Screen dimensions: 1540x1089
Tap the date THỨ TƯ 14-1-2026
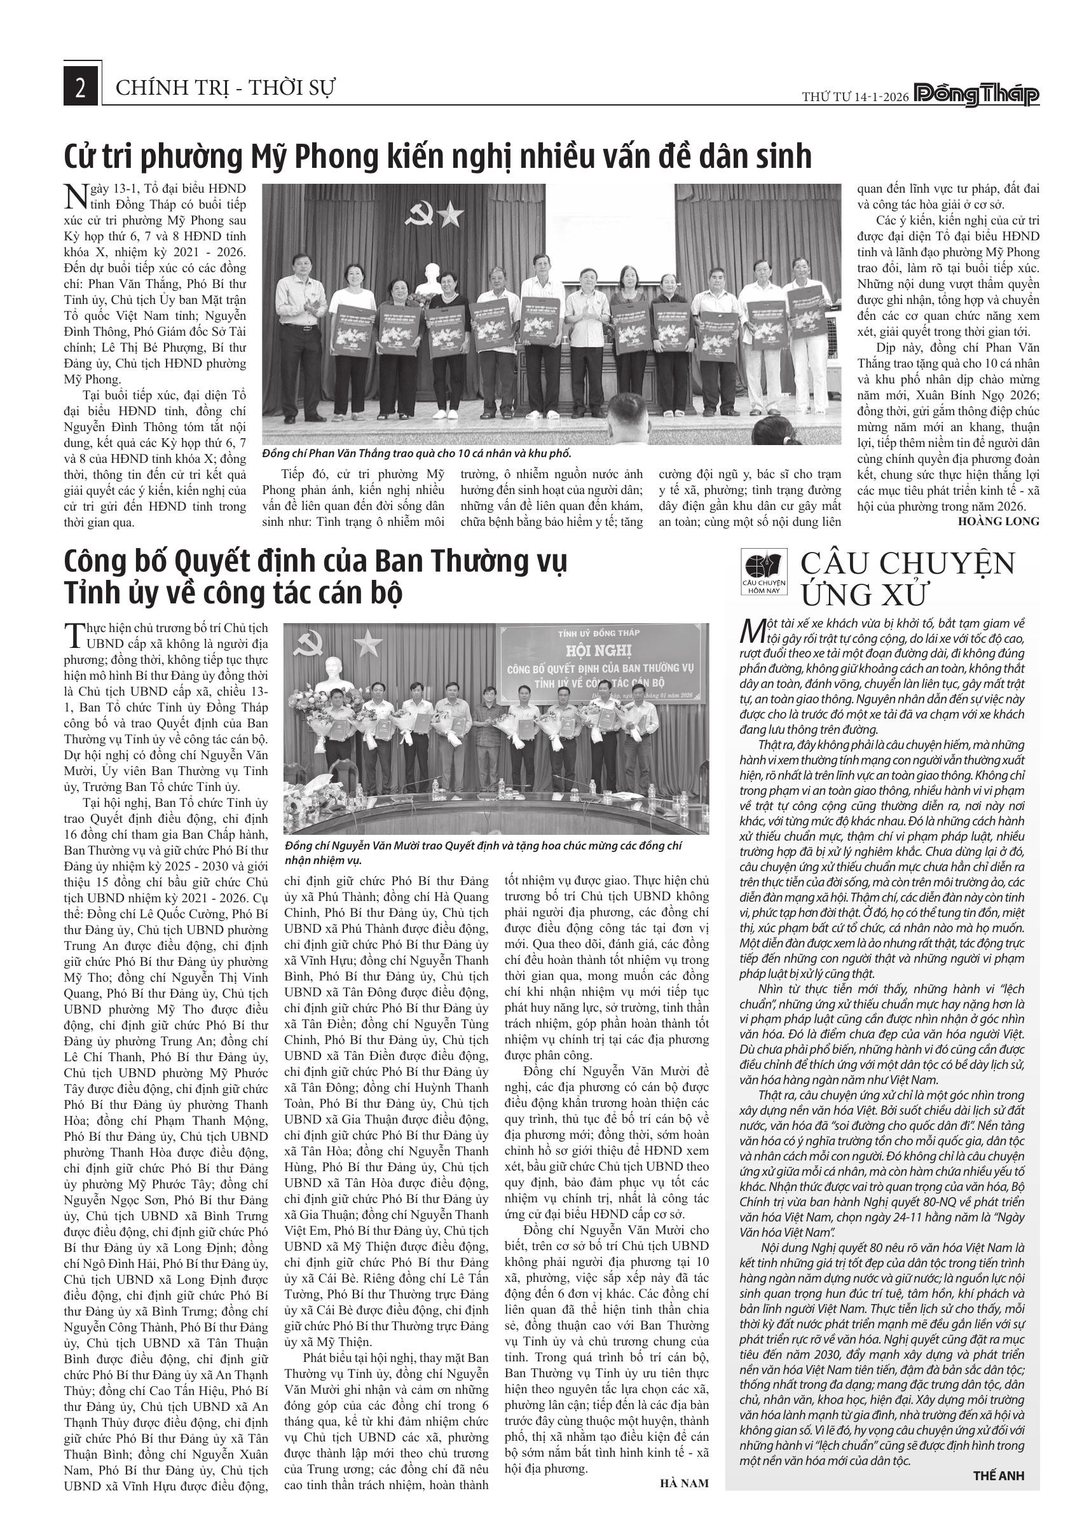point(855,97)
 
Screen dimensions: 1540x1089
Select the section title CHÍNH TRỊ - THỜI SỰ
point(225,88)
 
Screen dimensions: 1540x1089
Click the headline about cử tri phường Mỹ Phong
point(437,157)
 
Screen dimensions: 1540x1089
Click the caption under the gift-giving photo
point(416,454)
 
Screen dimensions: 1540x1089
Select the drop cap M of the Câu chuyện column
point(751,630)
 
